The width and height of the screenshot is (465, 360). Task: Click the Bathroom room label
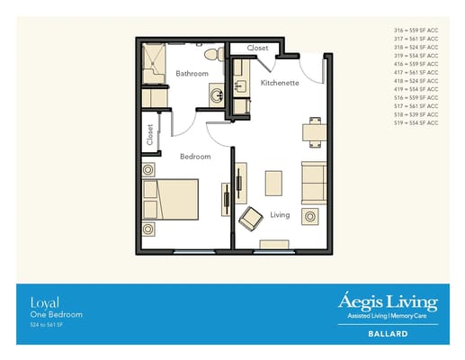tap(192, 73)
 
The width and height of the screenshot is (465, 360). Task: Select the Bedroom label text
tap(195, 156)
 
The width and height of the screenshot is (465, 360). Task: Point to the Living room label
tap(280, 214)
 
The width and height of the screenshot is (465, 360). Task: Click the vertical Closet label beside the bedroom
tap(149, 134)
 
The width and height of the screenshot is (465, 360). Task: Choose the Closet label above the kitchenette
tap(257, 48)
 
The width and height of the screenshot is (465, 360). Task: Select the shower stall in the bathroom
tap(154, 61)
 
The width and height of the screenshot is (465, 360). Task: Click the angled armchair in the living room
tap(250, 217)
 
